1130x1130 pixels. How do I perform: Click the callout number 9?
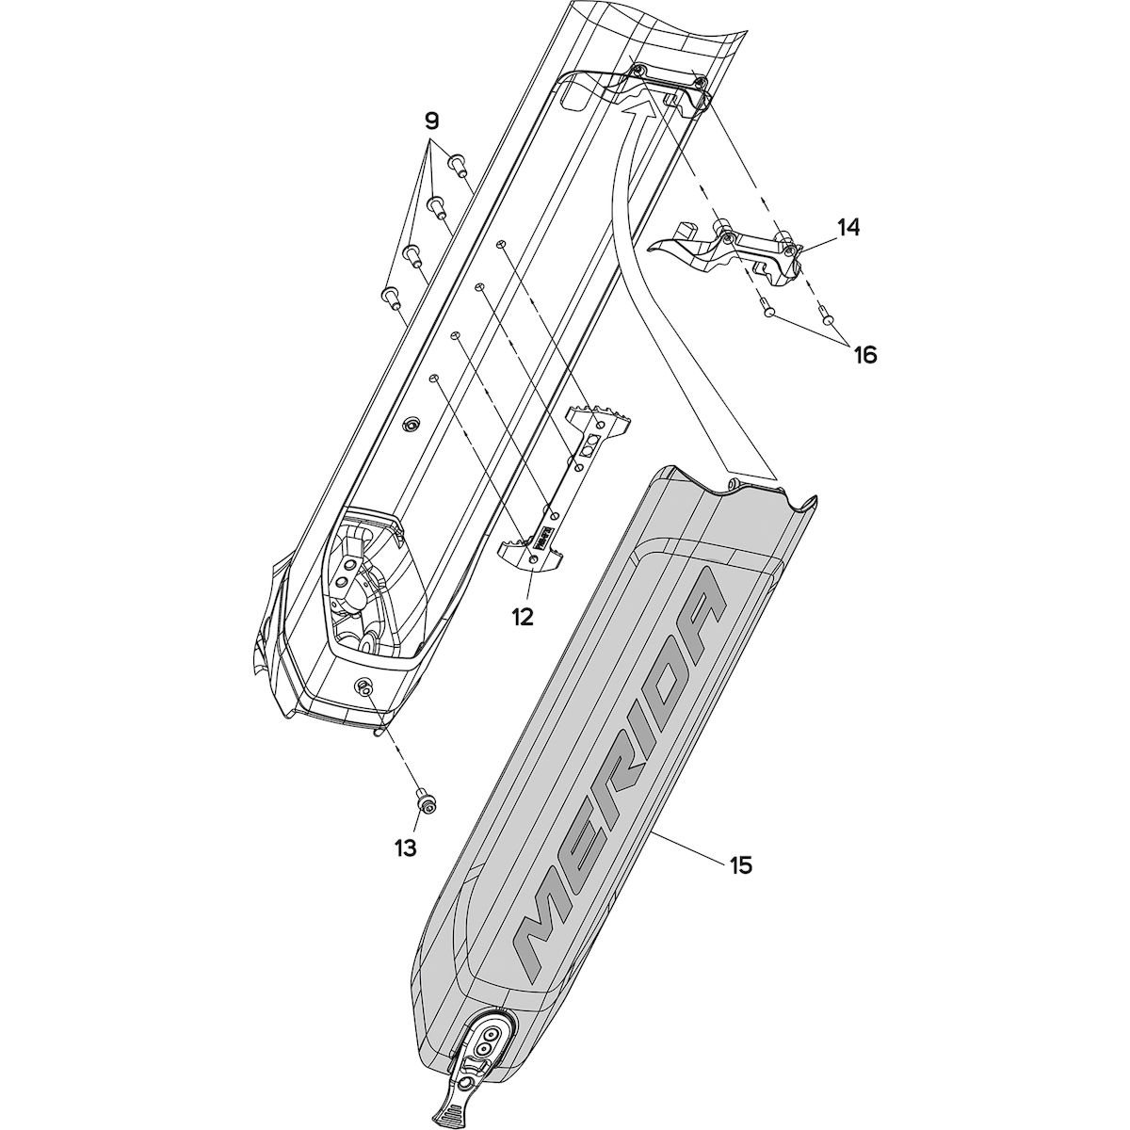click(x=431, y=122)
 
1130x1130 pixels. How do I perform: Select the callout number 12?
click(x=522, y=617)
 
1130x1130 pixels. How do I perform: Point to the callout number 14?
click(x=847, y=227)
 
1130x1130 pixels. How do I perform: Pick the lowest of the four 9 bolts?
click(x=390, y=299)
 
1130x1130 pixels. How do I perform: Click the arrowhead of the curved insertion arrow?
click(x=638, y=108)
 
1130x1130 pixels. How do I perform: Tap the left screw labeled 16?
click(x=768, y=309)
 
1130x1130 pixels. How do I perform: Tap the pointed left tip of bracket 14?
click(x=649, y=250)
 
